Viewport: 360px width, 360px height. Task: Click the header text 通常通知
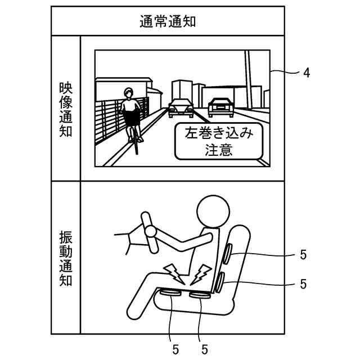[x=167, y=21]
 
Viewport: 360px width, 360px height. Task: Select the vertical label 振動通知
[x=66, y=258]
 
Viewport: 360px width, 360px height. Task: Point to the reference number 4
[x=307, y=73]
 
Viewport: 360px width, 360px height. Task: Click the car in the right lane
[x=220, y=106]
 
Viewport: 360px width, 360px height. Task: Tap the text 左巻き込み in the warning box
[x=219, y=134]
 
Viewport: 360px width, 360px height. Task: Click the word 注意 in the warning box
[x=219, y=151]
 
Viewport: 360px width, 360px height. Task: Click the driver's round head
[x=214, y=211]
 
